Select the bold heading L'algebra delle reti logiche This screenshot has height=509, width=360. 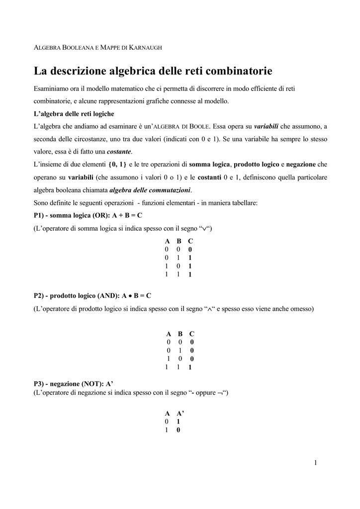tap(74, 114)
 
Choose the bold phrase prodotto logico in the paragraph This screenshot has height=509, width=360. tap(257, 165)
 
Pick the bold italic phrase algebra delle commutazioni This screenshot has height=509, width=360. tap(150, 190)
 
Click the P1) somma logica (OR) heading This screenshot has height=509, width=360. tap(88, 216)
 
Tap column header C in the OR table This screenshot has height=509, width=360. tap(190, 241)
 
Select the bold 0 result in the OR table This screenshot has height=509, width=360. tap(190, 250)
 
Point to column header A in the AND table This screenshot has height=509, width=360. tap(169, 334)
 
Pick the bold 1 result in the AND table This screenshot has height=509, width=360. tap(190, 368)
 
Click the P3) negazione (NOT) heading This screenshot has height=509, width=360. tap(74, 384)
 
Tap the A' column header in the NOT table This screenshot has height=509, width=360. tap(180, 414)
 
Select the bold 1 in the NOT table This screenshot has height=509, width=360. tap(179, 422)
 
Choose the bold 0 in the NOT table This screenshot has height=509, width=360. tap(179, 430)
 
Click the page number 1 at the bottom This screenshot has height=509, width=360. tap(315, 463)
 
